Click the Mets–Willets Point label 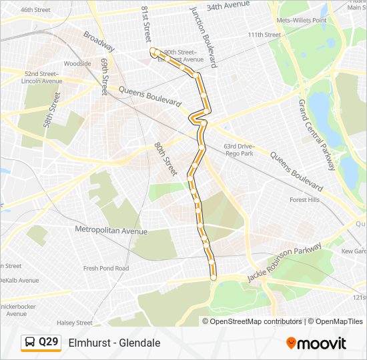(x=302, y=20)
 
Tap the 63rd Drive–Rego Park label (x=239, y=149)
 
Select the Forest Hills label (x=304, y=199)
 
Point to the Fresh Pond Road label (x=106, y=268)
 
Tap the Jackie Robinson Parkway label (x=284, y=262)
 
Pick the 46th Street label (x=35, y=10)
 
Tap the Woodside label (x=77, y=64)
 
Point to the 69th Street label (x=105, y=76)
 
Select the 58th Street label (x=51, y=115)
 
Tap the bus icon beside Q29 (x=31, y=342)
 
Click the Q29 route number (x=48, y=342)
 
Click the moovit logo (x=316, y=343)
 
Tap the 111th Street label (x=264, y=35)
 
